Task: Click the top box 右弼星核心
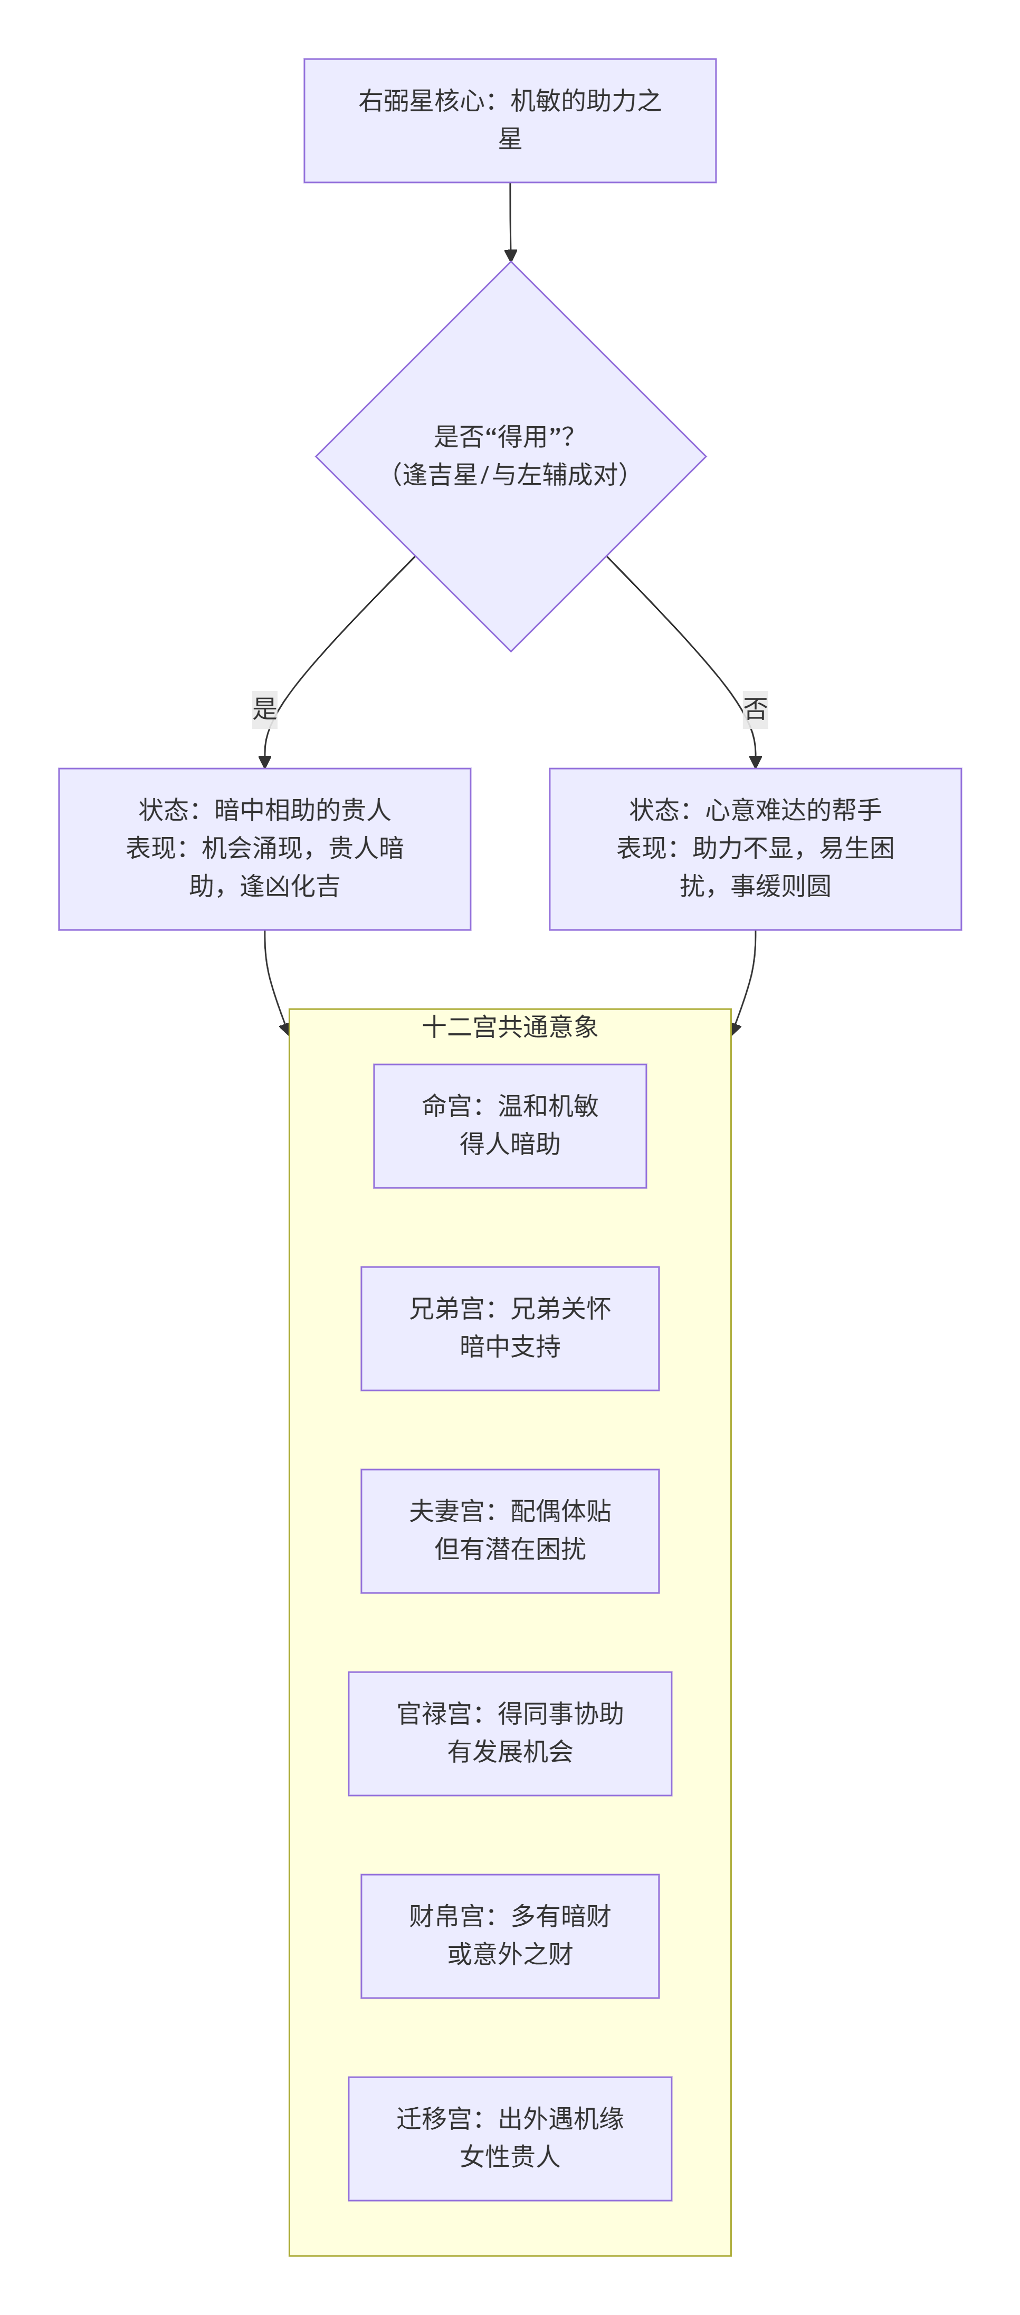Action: (510, 120)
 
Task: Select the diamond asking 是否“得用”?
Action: (510, 456)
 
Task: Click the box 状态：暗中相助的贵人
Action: (264, 848)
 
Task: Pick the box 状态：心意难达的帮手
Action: (755, 848)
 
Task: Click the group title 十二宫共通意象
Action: (510, 1026)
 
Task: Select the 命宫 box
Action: (510, 1125)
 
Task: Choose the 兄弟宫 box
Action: (510, 1328)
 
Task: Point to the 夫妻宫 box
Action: (510, 1531)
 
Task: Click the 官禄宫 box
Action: (510, 1733)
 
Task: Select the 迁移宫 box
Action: (510, 2138)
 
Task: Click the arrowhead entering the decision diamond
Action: (510, 255)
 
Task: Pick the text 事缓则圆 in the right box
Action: (780, 886)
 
